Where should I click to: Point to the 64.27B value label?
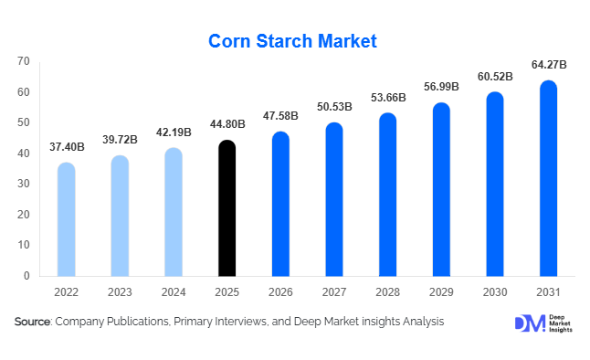pyautogui.click(x=548, y=65)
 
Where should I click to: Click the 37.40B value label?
pyautogui.click(x=67, y=147)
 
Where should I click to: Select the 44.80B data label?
pyautogui.click(x=227, y=125)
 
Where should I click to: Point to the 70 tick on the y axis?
pyautogui.click(x=24, y=61)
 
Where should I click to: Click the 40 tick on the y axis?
pyautogui.click(x=24, y=154)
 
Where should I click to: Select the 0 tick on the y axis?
pyautogui.click(x=26, y=276)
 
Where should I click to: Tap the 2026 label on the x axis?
pyautogui.click(x=280, y=291)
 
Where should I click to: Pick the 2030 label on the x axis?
pyautogui.click(x=494, y=291)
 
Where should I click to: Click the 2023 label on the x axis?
pyautogui.click(x=120, y=291)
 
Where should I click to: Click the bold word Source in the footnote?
pyautogui.click(x=32, y=322)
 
